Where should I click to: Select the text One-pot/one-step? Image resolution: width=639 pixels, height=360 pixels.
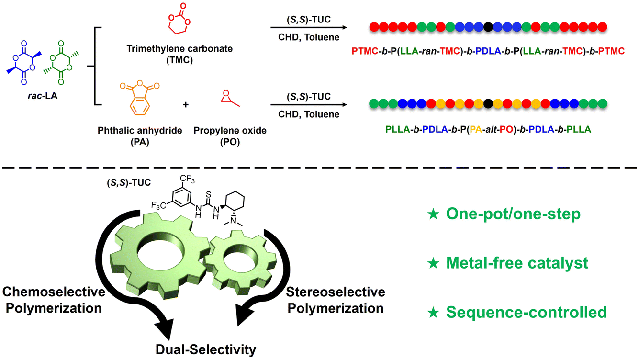[513, 214]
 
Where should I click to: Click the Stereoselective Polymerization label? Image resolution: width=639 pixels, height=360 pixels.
[336, 300]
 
